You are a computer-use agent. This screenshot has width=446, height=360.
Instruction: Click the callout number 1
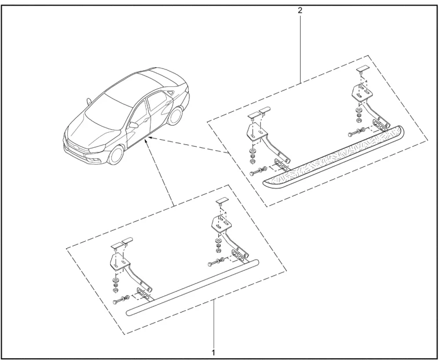pyautogui.click(x=213, y=352)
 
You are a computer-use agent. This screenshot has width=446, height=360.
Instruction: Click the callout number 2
pyautogui.click(x=300, y=10)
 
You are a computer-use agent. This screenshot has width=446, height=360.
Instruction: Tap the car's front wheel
pyautogui.click(x=116, y=155)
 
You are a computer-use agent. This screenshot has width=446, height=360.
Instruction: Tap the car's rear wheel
pyautogui.click(x=175, y=115)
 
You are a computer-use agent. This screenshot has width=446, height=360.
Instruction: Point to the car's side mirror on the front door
pyautogui.click(x=133, y=125)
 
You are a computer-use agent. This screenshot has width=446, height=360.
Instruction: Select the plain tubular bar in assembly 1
pyautogui.click(x=192, y=288)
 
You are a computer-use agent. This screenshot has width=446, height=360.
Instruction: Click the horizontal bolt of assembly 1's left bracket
pyautogui.click(x=122, y=299)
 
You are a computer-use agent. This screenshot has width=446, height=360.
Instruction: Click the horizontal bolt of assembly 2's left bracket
pyautogui.click(x=258, y=171)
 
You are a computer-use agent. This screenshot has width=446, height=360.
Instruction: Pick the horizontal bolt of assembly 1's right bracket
pyautogui.click(x=216, y=262)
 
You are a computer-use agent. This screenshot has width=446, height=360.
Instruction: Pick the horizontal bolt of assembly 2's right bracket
pyautogui.click(x=356, y=132)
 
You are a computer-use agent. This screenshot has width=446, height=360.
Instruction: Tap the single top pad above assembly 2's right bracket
pyautogui.click(x=363, y=69)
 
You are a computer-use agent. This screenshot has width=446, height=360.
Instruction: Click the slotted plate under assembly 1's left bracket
pyautogui.click(x=143, y=293)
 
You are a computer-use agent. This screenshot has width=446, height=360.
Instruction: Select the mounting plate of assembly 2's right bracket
pyautogui.click(x=361, y=93)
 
